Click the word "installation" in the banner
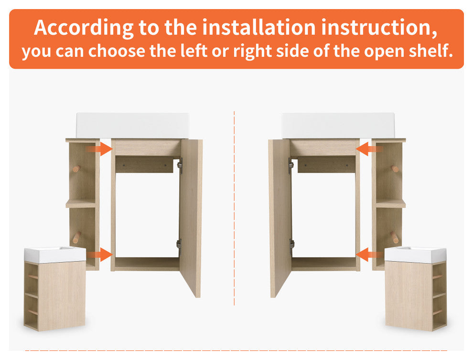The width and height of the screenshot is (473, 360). (258, 27)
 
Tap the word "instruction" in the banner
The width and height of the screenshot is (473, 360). (379, 27)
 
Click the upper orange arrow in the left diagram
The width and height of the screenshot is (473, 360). (99, 149)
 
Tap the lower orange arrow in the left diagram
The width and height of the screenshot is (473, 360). (99, 254)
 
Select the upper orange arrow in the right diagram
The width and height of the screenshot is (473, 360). (369, 149)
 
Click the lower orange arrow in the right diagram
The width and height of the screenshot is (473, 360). (369, 254)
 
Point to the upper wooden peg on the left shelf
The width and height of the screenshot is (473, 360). (76, 169)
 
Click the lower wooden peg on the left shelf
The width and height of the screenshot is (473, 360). (76, 237)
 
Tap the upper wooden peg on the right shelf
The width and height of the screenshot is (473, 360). (395, 169)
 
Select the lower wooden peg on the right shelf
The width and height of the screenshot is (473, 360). (395, 237)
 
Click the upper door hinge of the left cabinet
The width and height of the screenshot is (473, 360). (180, 166)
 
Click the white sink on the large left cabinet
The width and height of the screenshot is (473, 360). (133, 126)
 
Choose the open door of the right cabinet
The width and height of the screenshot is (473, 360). (279, 218)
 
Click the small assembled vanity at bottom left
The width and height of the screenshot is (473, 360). (55, 288)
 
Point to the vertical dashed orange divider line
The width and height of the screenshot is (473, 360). (235, 208)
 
